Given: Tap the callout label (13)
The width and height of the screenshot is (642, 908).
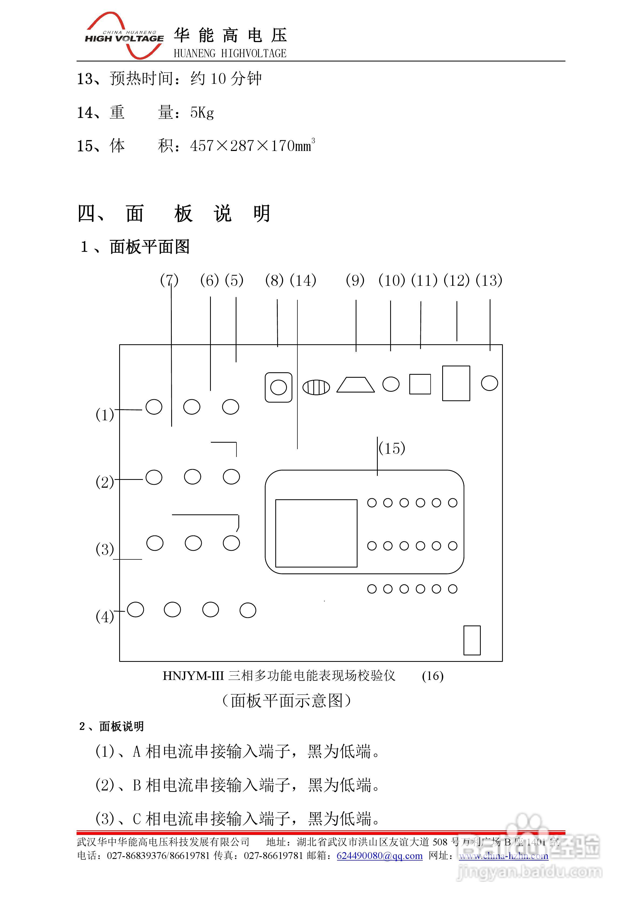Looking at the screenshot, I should click(489, 280).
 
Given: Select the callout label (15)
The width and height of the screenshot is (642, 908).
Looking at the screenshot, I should click(392, 448).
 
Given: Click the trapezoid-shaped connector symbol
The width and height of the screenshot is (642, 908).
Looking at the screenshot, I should click(355, 384).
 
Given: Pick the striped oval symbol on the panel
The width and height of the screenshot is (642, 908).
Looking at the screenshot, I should click(316, 387).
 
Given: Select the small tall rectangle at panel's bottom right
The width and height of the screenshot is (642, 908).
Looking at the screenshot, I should click(472, 640).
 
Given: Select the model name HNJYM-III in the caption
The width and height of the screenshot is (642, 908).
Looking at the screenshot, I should click(193, 676).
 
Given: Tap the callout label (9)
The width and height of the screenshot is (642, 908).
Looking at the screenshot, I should click(355, 280).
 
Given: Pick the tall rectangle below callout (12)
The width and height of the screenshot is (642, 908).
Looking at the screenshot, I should click(456, 383).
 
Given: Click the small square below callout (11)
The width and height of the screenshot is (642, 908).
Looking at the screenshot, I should click(420, 384).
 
